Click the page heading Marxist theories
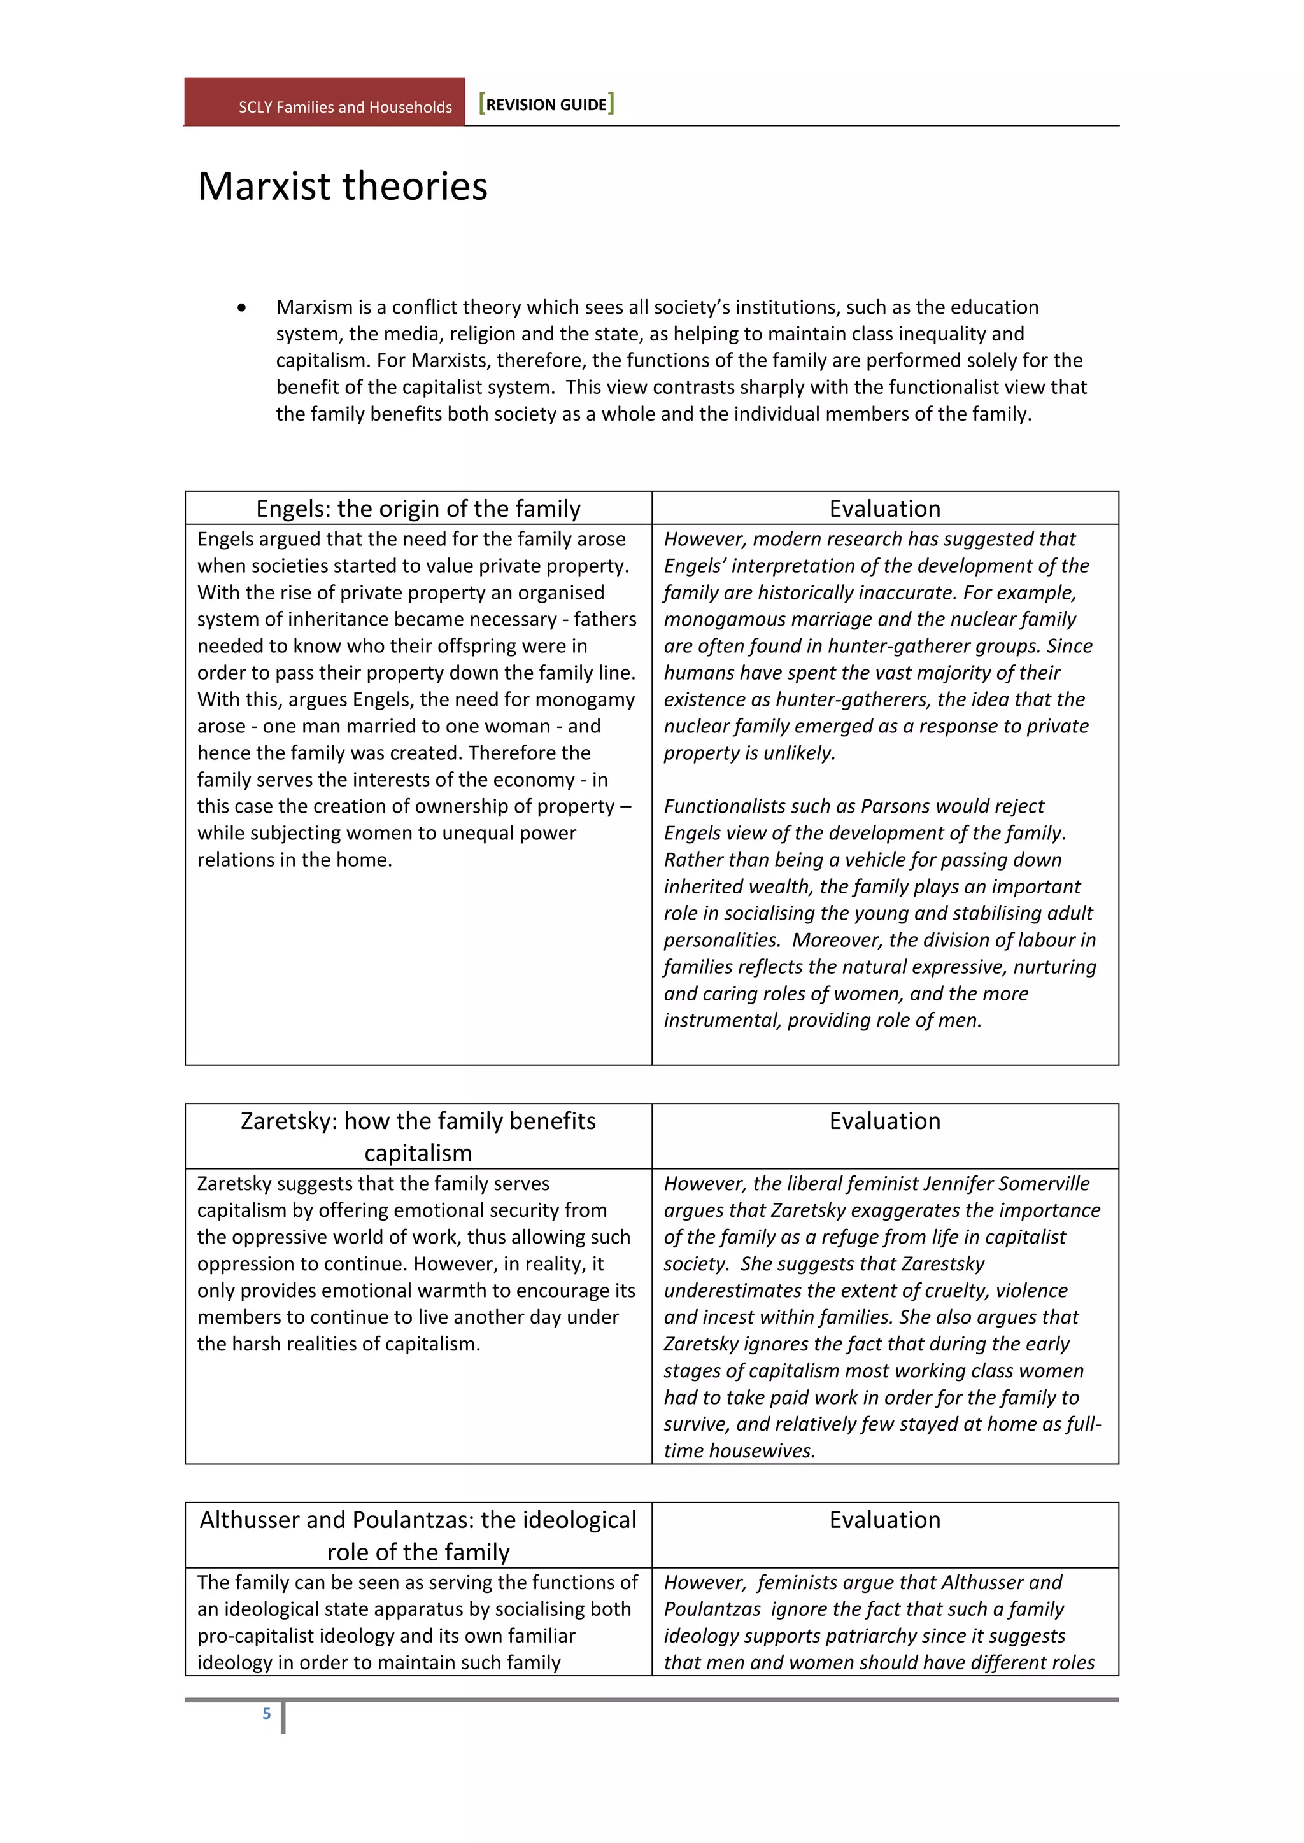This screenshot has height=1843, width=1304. pos(342,186)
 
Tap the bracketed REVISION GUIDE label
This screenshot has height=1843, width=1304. pos(546,104)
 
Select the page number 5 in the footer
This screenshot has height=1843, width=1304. pos(267,1713)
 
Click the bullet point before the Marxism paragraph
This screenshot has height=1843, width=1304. pos(242,307)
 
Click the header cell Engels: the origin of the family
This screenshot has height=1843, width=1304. pos(418,509)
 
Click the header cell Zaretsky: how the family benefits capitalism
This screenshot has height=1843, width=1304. pos(418,1136)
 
